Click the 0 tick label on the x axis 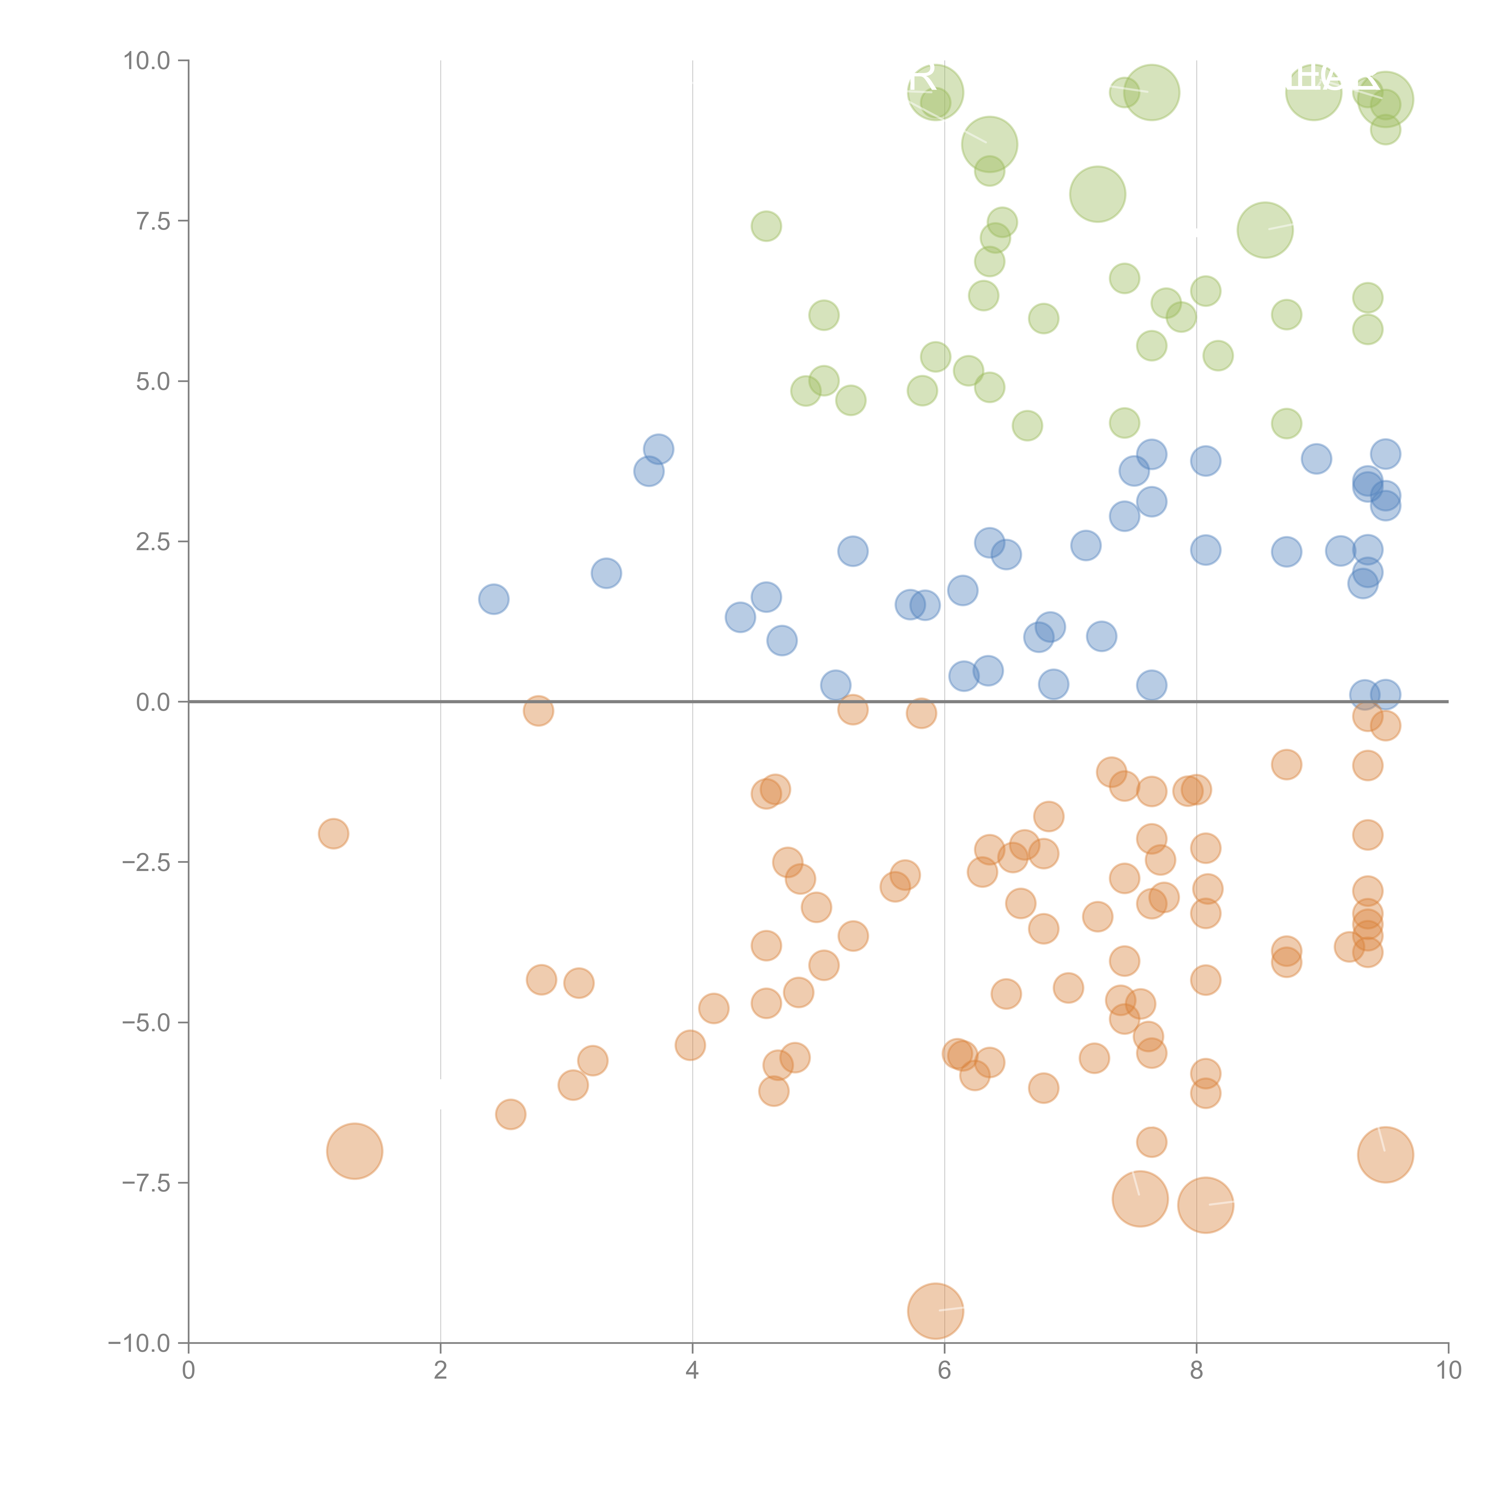coord(188,1371)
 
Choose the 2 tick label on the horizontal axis coord(441,1371)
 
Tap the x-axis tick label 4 coord(692,1371)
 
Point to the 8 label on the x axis coord(1197,1371)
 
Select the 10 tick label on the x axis coord(1448,1371)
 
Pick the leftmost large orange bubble coord(355,1151)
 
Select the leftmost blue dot coord(494,599)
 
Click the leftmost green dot coord(766,227)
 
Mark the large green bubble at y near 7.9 coord(1097,194)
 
